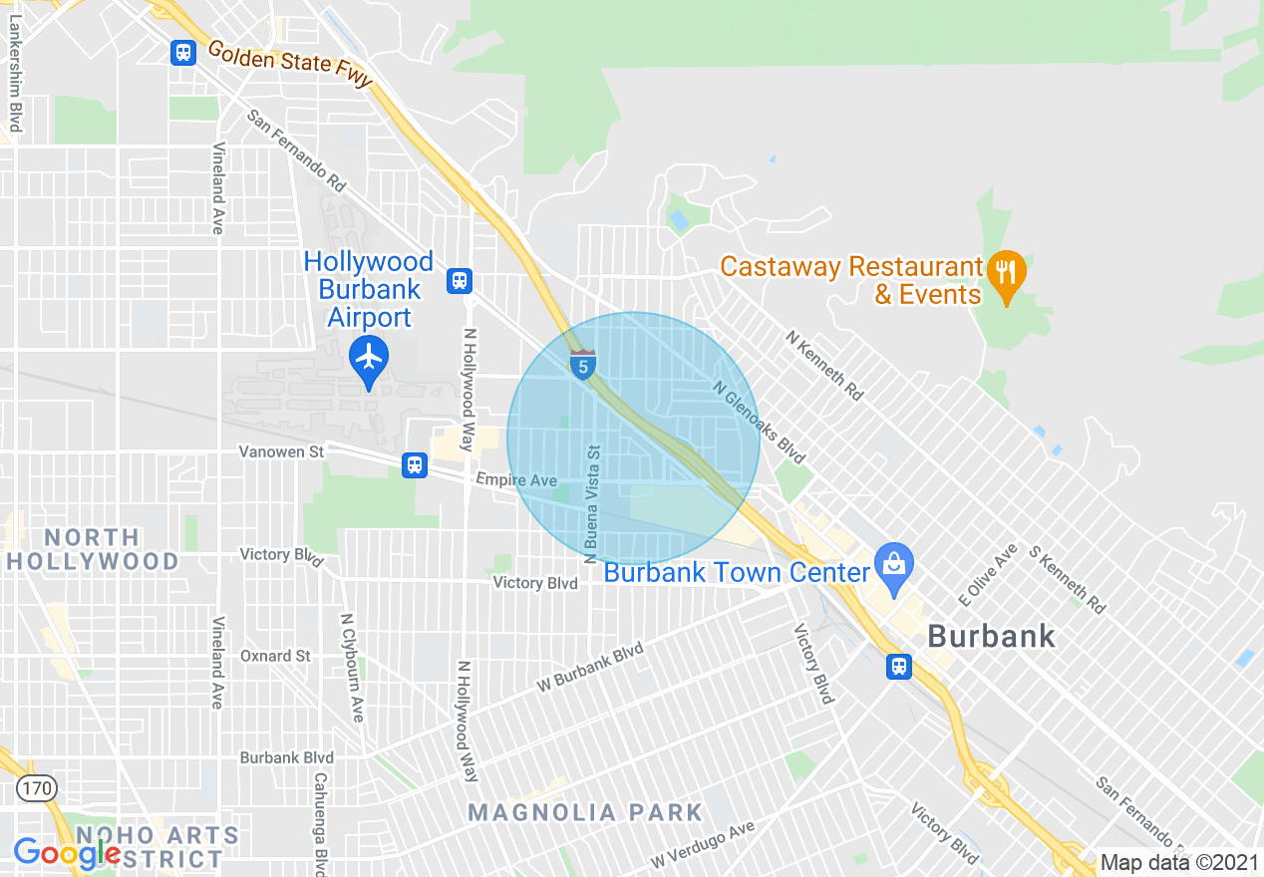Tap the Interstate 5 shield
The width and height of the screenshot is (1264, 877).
click(x=583, y=365)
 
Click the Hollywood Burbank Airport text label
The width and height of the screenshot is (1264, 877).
click(x=369, y=290)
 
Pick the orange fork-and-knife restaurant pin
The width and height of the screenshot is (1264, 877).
click(x=1006, y=274)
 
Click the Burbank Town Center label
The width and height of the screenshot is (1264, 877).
click(x=737, y=573)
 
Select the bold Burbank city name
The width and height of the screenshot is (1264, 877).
click(x=991, y=636)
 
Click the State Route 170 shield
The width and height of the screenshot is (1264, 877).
click(x=37, y=788)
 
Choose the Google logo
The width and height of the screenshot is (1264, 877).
click(x=67, y=853)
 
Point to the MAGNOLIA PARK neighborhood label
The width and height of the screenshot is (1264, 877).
click(x=586, y=812)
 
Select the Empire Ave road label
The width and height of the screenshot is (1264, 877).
click(x=516, y=480)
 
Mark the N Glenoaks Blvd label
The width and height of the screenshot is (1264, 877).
click(x=759, y=424)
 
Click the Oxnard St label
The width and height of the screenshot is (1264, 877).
click(x=275, y=656)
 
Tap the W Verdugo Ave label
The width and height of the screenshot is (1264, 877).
click(x=703, y=845)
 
